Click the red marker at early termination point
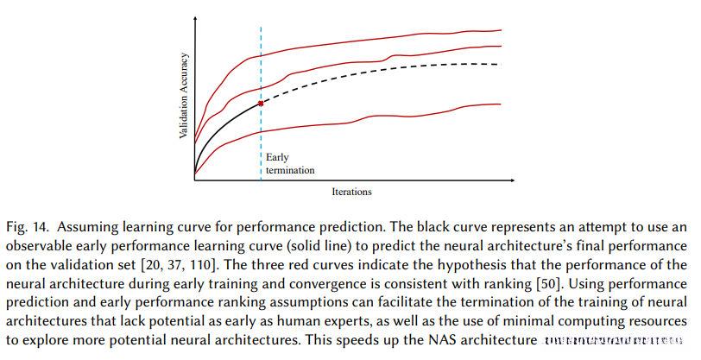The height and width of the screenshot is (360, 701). [x=260, y=103]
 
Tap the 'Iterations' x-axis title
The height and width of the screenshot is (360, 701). [x=350, y=191]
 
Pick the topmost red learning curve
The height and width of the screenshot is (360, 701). [x=388, y=40]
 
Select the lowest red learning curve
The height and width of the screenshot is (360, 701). [x=388, y=117]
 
